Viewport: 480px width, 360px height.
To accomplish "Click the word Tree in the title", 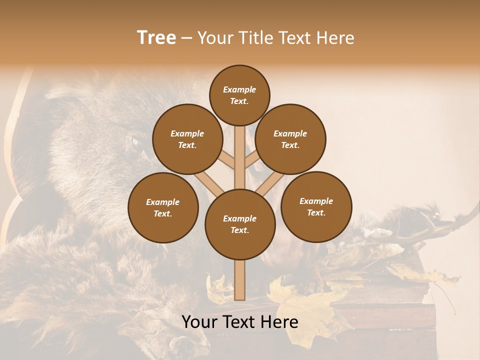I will coord(156,38).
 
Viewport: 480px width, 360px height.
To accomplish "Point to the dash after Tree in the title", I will coord(186,38).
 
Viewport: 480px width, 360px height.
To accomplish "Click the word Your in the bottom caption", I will coord(200,322).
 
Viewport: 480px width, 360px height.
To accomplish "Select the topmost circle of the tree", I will coord(239,95).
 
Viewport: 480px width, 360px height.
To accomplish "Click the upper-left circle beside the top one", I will coord(187,139).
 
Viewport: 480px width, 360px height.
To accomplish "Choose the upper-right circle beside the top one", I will coord(290,139).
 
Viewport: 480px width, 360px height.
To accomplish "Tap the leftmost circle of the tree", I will coord(163,207).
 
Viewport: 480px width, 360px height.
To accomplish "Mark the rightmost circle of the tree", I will coord(316,206).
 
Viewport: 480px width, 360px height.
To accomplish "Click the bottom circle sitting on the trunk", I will coord(240,224).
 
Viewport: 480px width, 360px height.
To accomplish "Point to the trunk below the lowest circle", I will coord(240,280).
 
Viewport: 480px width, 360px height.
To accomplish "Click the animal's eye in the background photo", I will coord(135,142).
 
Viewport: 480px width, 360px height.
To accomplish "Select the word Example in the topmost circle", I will coord(239,89).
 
